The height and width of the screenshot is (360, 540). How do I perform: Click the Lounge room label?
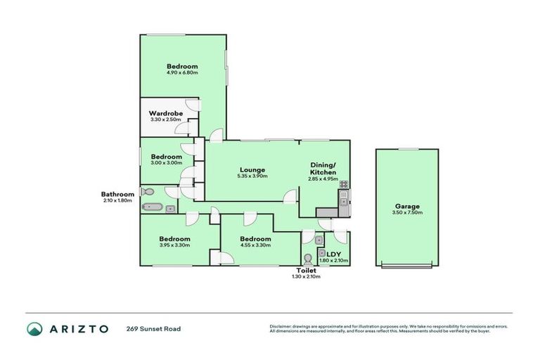coord(251,169)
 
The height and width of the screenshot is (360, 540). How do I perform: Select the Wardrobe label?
coord(166,113)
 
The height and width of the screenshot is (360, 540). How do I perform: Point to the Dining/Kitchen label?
coord(323,169)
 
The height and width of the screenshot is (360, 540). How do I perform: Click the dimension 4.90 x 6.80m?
coord(182,72)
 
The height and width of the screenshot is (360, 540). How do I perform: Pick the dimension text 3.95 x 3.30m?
coord(174,245)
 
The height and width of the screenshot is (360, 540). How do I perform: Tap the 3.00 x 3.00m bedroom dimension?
coord(166,162)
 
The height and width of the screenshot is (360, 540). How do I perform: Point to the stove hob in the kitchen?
coord(344,186)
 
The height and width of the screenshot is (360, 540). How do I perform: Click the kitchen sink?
coord(343,202)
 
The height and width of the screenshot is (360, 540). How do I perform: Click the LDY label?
coord(334,254)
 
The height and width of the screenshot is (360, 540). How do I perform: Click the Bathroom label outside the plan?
coord(117,194)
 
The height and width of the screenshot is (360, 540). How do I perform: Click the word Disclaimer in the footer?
coord(281,326)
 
